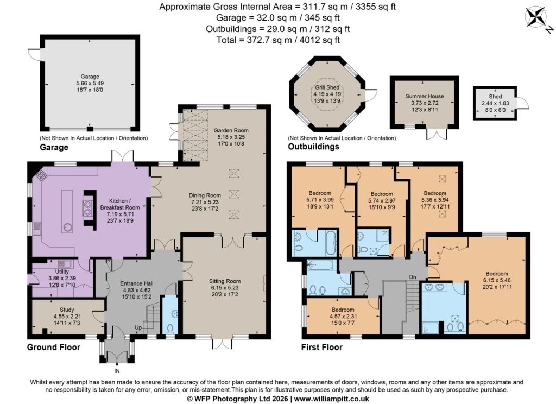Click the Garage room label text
click(x=90, y=76)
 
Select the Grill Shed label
click(x=327, y=87)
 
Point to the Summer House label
click(x=425, y=96)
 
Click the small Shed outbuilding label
click(x=495, y=97)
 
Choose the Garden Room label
click(x=231, y=130)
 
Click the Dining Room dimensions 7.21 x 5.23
click(x=205, y=202)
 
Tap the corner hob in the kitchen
click(x=41, y=174)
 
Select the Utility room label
click(x=62, y=272)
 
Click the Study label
click(x=67, y=310)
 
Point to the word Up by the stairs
click(x=138, y=327)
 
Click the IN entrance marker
click(x=117, y=371)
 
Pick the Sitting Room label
click(x=225, y=281)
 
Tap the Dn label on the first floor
click(x=413, y=276)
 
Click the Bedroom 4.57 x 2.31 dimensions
click(x=343, y=317)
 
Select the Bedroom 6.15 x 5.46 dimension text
click(x=497, y=280)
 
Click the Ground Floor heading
click(x=54, y=347)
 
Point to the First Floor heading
click(x=321, y=347)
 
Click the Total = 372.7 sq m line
click(x=278, y=40)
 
